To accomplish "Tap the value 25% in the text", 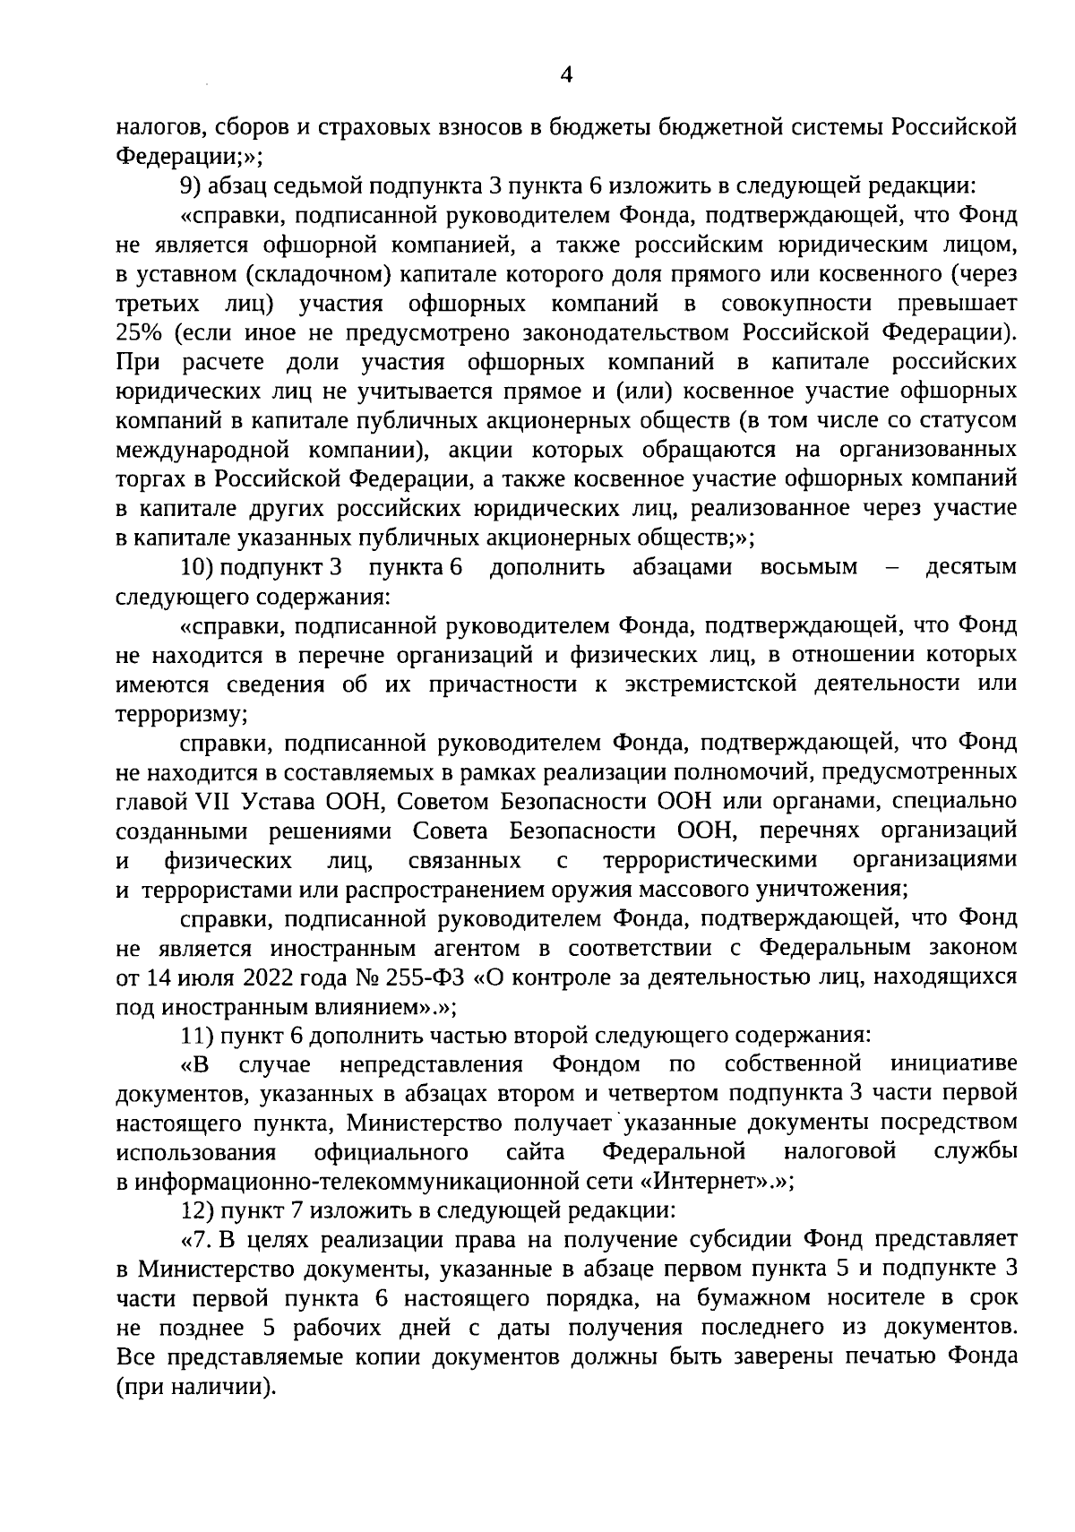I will point(138,332).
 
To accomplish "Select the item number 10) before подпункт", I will point(196,567).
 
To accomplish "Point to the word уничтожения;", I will point(837,889).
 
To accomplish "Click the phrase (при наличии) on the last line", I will point(195,1386).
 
